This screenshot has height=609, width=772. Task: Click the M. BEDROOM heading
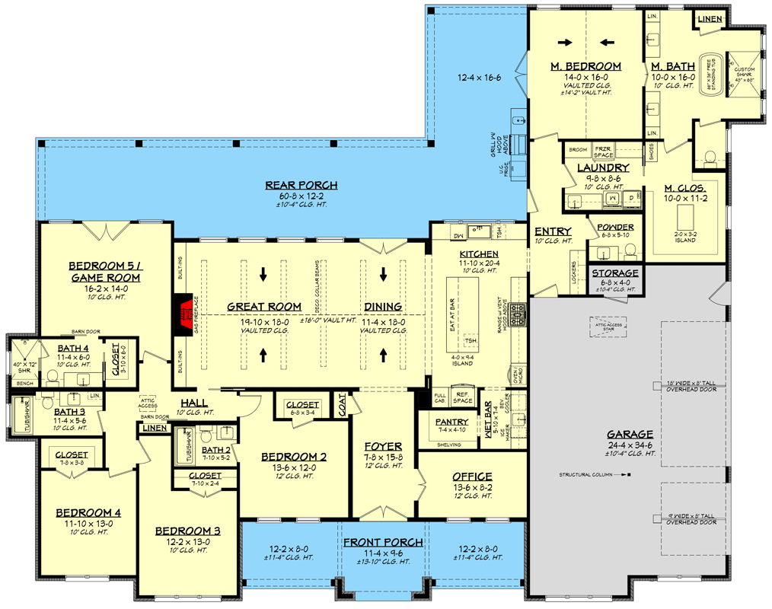[x=585, y=67]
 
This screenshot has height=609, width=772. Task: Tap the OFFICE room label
[x=472, y=477]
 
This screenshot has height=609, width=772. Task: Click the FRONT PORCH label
[x=382, y=542]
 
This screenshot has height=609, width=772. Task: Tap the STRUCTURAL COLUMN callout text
[x=590, y=475]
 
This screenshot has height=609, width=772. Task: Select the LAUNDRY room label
[x=602, y=167]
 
